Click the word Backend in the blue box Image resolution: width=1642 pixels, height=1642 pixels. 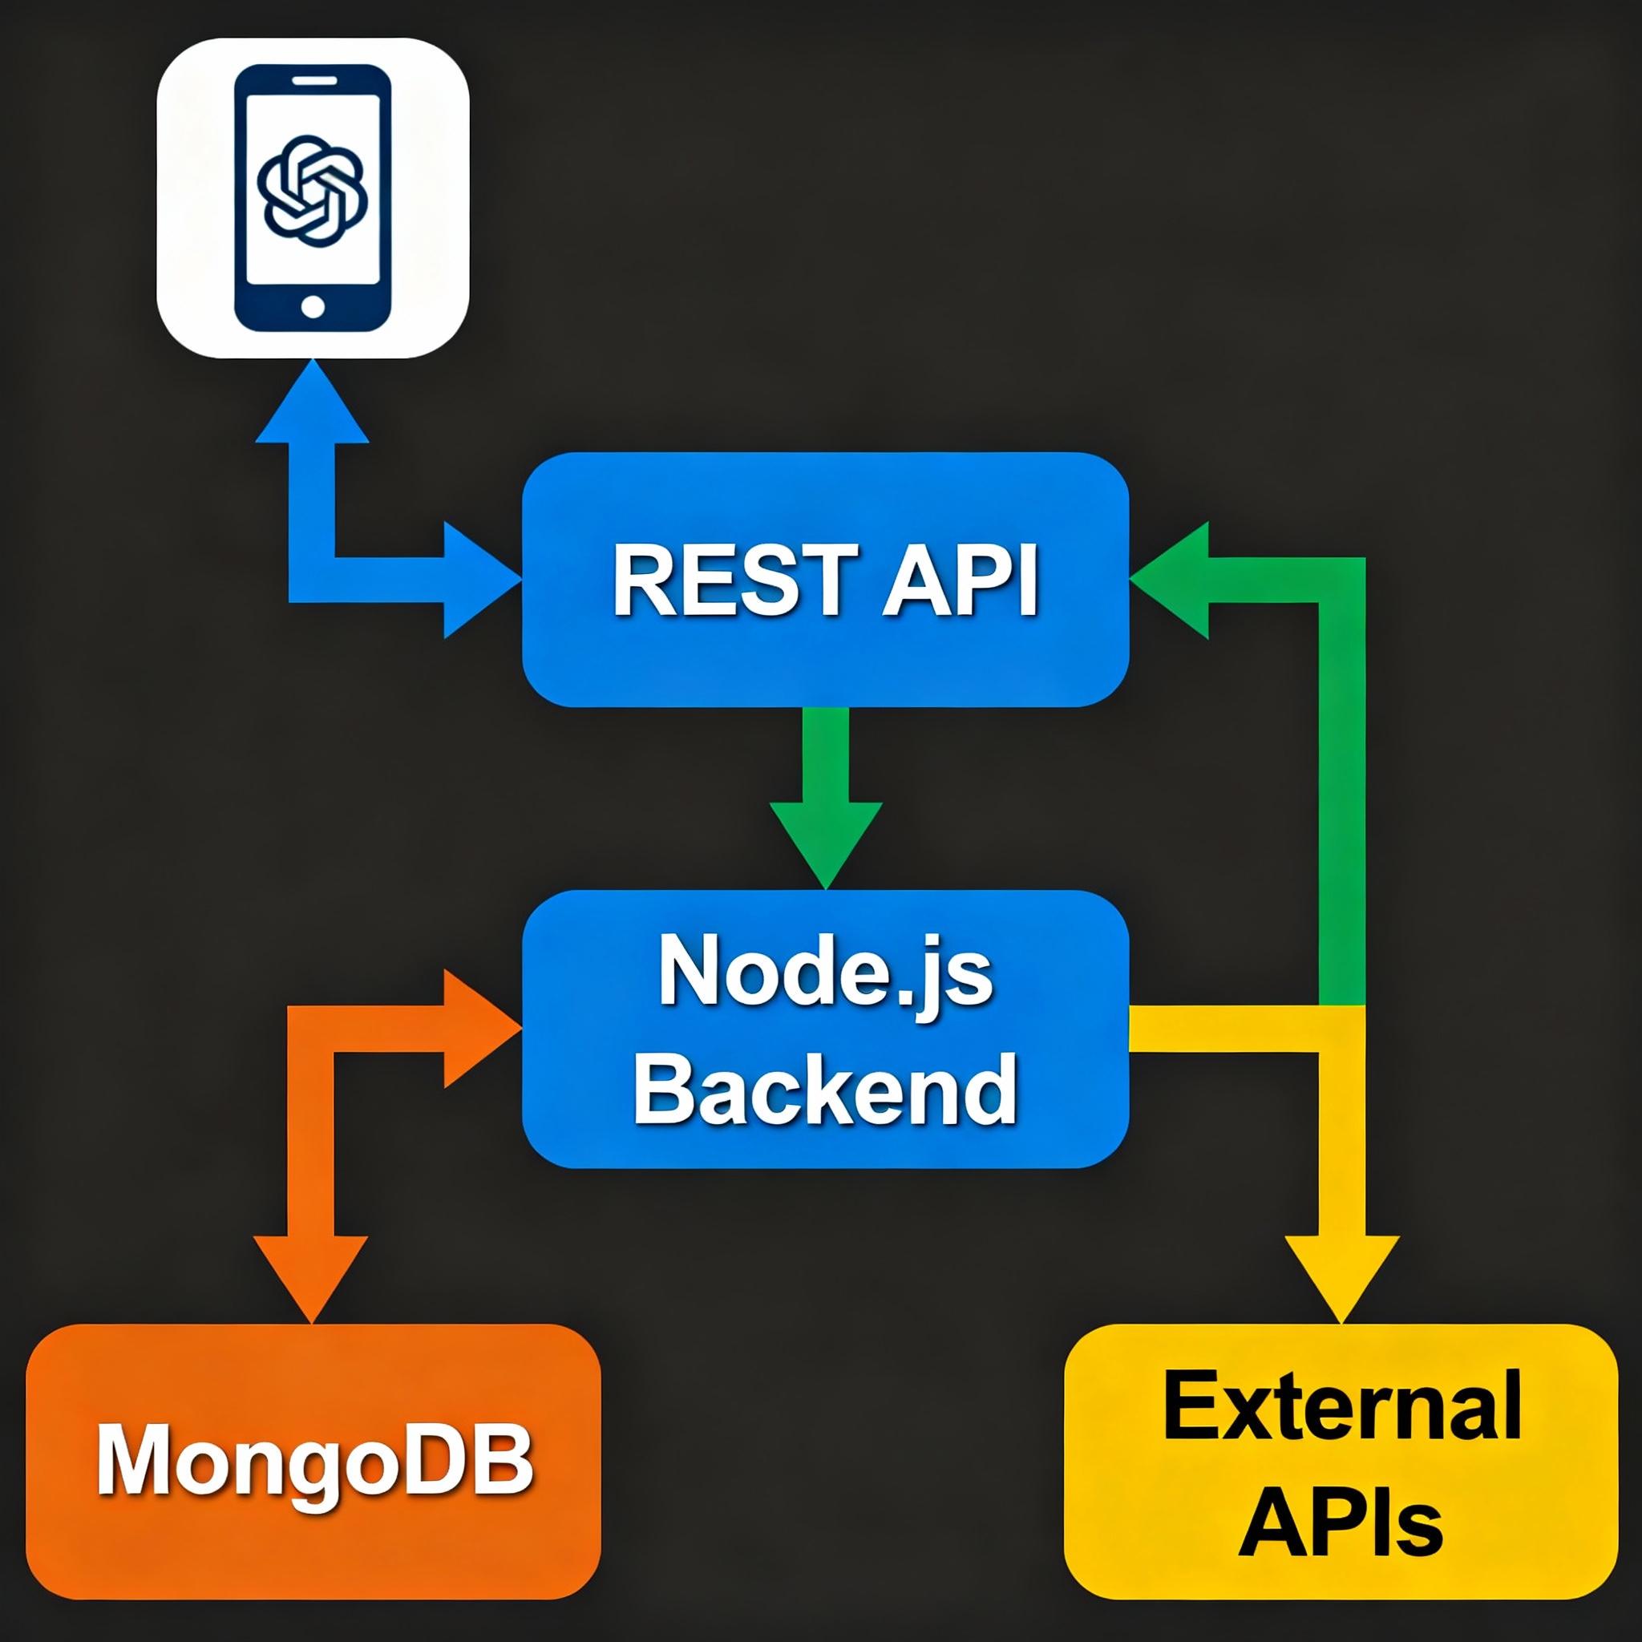click(825, 1090)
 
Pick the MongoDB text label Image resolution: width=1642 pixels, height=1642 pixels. click(314, 1460)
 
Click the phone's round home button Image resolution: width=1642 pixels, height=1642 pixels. click(312, 307)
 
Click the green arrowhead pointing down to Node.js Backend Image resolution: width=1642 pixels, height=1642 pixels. click(825, 841)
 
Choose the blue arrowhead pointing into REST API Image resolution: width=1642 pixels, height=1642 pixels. click(479, 580)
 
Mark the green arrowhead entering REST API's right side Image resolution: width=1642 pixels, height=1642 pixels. click(1173, 580)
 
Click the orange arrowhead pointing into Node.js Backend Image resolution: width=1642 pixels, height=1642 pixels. click(479, 1029)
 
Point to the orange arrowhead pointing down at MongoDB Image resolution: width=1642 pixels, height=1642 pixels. click(311, 1275)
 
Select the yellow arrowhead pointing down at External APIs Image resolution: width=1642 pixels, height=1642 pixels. click(1341, 1275)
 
